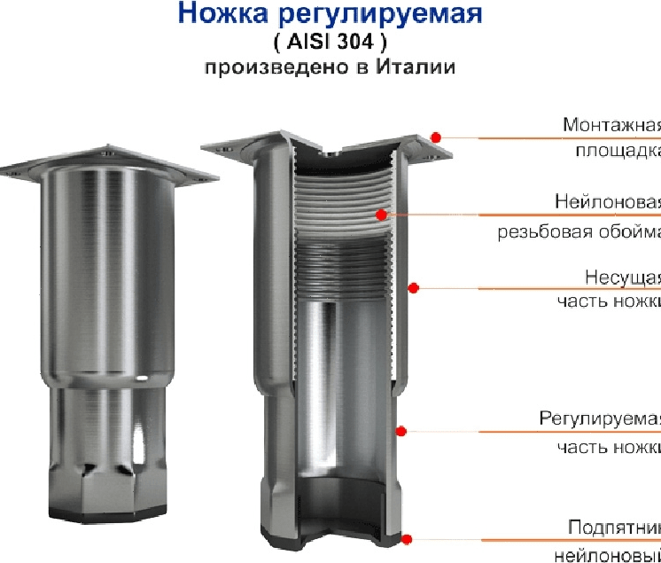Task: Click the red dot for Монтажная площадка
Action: pos(436,136)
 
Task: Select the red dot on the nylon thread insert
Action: pos(381,214)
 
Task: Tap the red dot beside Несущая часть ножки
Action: pos(413,286)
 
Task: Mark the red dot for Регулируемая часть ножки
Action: pos(400,431)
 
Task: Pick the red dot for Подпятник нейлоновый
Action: pos(407,538)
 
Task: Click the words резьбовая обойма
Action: pos(578,232)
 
